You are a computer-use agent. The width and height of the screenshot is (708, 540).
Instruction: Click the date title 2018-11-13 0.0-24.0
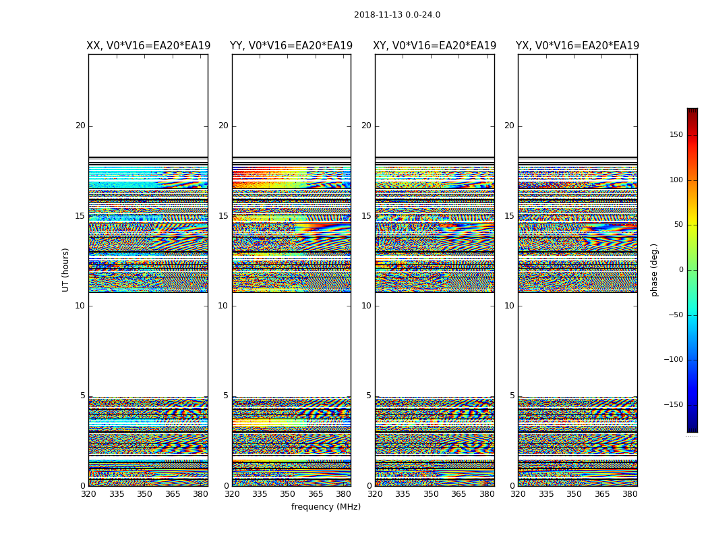397,15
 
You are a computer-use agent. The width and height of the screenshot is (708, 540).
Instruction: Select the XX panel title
148,46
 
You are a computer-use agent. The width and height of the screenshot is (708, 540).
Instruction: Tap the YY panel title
291,46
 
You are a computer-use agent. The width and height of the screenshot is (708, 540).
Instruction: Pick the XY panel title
435,46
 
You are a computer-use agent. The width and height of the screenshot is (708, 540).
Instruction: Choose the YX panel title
578,46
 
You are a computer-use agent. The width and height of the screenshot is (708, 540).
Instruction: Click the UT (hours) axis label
66,269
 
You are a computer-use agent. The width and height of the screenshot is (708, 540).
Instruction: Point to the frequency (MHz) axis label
326,507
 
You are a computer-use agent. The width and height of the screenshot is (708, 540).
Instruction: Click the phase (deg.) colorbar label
654,270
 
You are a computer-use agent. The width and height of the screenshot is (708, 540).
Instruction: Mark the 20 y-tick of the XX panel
80,126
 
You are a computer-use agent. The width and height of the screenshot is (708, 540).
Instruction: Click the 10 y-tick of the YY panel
223,306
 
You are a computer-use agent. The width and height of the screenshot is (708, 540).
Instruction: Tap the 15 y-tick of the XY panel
366,216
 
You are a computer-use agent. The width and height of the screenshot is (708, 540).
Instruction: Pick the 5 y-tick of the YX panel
512,396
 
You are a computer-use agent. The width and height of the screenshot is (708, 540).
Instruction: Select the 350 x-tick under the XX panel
145,494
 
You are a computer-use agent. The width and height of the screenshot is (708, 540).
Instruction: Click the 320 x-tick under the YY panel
232,494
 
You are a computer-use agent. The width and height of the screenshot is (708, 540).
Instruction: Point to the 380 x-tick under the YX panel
630,494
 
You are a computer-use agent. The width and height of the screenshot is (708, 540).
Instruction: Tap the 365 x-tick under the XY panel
459,494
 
